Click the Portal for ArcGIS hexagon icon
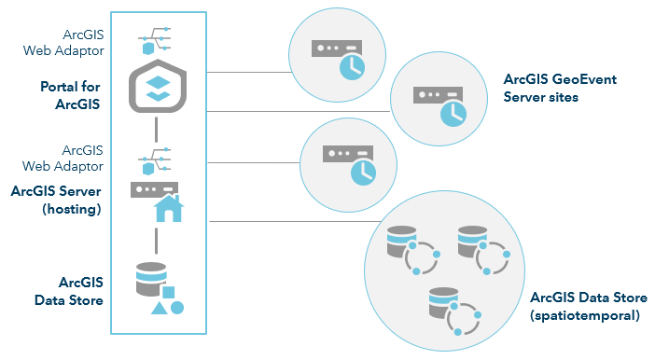[158, 88]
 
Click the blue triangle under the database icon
[160, 308]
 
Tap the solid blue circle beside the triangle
[176, 307]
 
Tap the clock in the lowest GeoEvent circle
[363, 169]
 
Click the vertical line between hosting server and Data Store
[157, 238]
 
